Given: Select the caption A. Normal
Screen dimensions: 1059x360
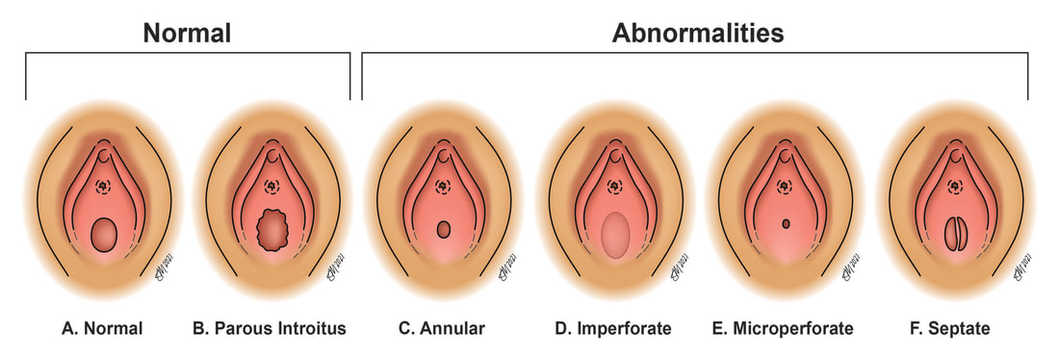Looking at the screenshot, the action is [102, 328].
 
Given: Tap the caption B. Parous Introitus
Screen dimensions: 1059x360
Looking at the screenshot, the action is [269, 328].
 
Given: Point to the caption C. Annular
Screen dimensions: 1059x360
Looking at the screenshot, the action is [442, 328].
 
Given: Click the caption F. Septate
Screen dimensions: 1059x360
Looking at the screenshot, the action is [952, 328].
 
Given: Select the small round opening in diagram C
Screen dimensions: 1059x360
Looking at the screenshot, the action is [444, 230].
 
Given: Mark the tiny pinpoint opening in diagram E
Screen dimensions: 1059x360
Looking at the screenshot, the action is [787, 224].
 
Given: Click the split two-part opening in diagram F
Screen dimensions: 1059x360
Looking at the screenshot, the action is [953, 235].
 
